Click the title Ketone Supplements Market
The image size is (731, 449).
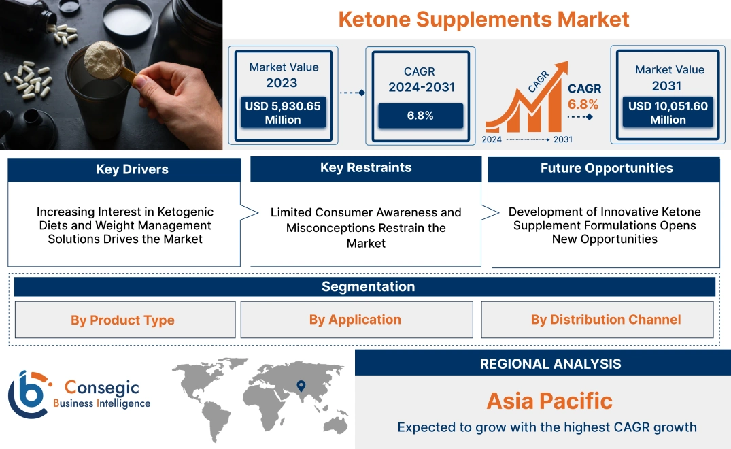483,18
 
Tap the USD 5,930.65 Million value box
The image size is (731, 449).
283,113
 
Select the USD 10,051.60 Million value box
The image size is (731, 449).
668,113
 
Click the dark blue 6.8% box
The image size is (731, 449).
420,116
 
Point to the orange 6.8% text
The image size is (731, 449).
583,104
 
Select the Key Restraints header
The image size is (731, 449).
366,168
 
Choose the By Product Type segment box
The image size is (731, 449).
123,320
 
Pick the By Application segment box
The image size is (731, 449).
355,320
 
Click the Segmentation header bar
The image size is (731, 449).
368,286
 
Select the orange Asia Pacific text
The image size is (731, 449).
549,401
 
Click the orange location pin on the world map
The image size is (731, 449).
300,387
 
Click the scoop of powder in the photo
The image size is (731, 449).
102,55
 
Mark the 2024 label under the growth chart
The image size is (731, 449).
492,139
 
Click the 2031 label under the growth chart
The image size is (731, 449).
562,139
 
